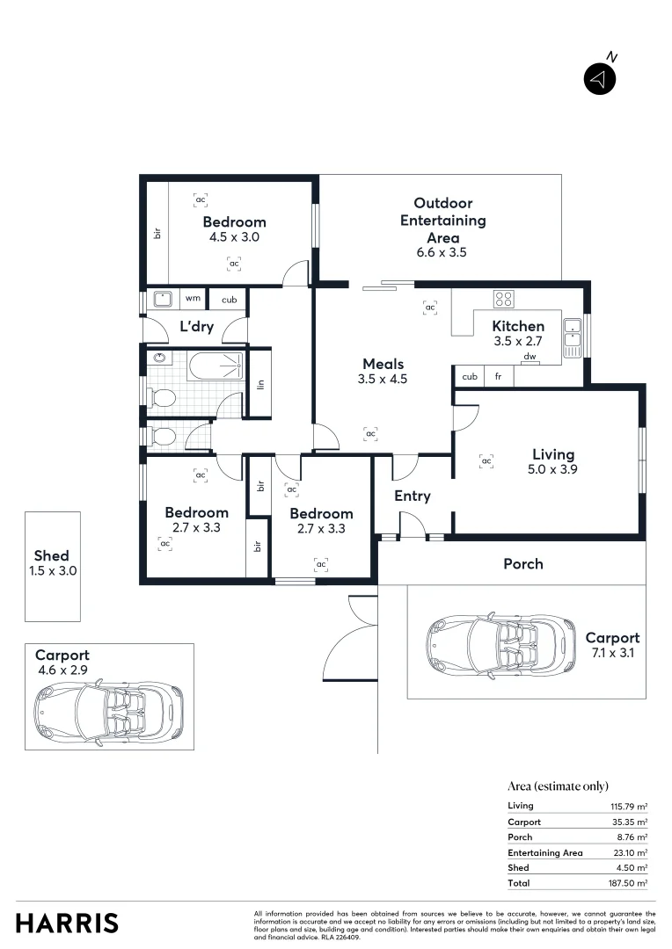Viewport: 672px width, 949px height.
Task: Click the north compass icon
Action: [x=600, y=79]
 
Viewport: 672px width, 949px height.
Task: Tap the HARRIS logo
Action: [x=67, y=923]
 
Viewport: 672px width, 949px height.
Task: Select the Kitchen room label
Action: [x=518, y=326]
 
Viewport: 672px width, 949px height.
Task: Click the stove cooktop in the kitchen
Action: [x=504, y=299]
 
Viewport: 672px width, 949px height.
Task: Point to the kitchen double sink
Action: [x=573, y=337]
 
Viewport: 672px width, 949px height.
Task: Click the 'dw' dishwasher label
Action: [x=530, y=357]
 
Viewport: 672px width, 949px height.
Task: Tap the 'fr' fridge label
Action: [x=498, y=377]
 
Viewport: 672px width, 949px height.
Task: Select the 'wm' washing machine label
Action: [x=193, y=300]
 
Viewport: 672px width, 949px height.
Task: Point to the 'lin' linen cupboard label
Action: [x=260, y=384]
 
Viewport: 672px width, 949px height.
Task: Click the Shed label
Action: [x=51, y=555]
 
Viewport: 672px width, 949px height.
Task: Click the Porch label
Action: [x=522, y=564]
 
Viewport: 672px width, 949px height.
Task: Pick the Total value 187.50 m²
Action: [x=629, y=883]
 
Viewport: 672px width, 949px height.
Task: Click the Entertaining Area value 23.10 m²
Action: [x=629, y=852]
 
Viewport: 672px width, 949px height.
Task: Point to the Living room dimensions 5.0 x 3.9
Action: [x=553, y=469]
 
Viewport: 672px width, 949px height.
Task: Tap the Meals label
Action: [x=383, y=364]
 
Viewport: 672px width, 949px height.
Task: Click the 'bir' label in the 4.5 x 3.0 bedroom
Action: [x=157, y=233]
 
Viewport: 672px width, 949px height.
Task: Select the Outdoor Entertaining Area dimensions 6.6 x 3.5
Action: [x=442, y=252]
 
